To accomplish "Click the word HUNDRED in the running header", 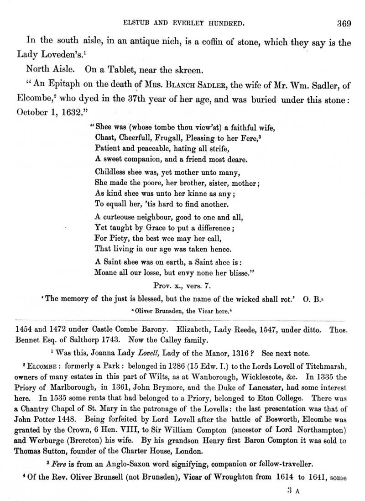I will (x=228, y=21).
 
